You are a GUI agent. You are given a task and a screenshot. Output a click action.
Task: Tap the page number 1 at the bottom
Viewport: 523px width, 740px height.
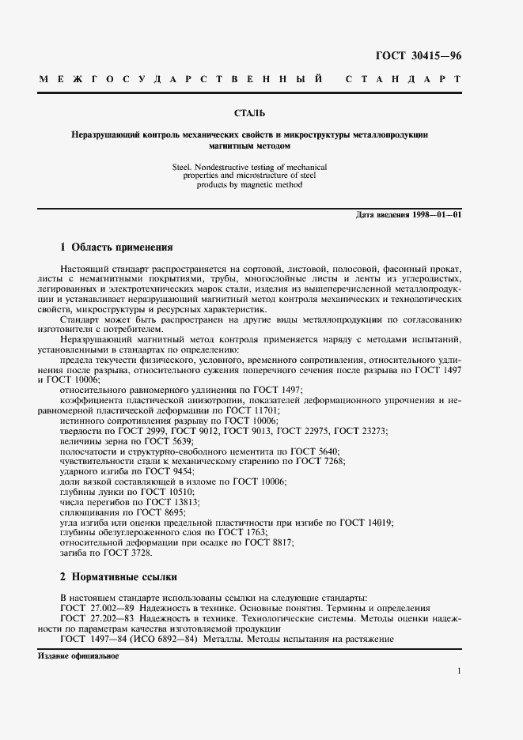tap(459, 671)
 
